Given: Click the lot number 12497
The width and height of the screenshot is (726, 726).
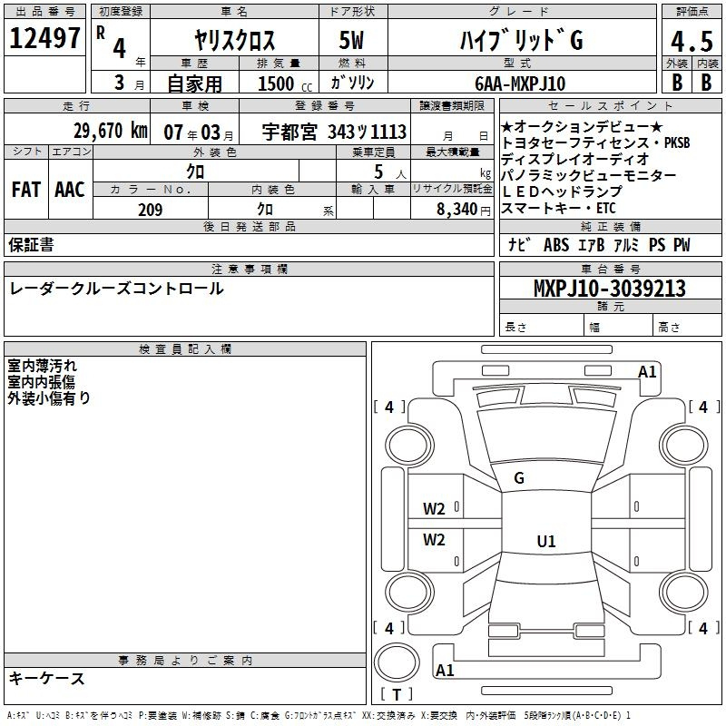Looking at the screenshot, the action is tap(44, 38).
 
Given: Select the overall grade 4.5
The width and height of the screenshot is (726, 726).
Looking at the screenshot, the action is tap(692, 41).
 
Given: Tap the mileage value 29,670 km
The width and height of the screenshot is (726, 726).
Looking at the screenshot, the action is tap(110, 131).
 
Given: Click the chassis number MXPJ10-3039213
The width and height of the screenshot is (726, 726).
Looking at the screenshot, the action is tap(610, 288).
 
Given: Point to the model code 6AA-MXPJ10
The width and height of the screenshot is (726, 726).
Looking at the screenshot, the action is tap(520, 83).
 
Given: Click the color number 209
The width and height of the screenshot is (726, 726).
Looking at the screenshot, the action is tap(150, 210).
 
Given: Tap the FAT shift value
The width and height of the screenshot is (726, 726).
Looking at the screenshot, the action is tap(26, 190).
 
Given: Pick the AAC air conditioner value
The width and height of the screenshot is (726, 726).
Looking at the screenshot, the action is tap(70, 190).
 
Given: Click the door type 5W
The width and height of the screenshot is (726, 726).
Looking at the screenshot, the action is tap(351, 40).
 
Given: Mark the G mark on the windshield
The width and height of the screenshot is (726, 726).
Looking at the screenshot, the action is tap(519, 478).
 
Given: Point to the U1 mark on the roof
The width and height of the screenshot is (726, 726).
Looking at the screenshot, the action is tap(546, 541).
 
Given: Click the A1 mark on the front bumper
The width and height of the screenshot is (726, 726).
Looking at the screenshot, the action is tap(647, 372).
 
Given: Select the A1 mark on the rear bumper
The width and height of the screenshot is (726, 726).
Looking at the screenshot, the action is tap(445, 670).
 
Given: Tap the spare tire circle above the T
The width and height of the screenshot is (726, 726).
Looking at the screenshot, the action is tap(397, 662).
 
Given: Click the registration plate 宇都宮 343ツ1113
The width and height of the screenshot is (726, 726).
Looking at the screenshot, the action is tap(334, 132).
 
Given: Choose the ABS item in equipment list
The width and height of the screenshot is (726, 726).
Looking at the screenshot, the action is tap(556, 245).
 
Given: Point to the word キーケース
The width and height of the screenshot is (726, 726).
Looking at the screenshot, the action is tap(47, 678).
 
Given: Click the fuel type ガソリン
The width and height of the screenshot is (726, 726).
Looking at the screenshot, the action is tap(352, 83).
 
